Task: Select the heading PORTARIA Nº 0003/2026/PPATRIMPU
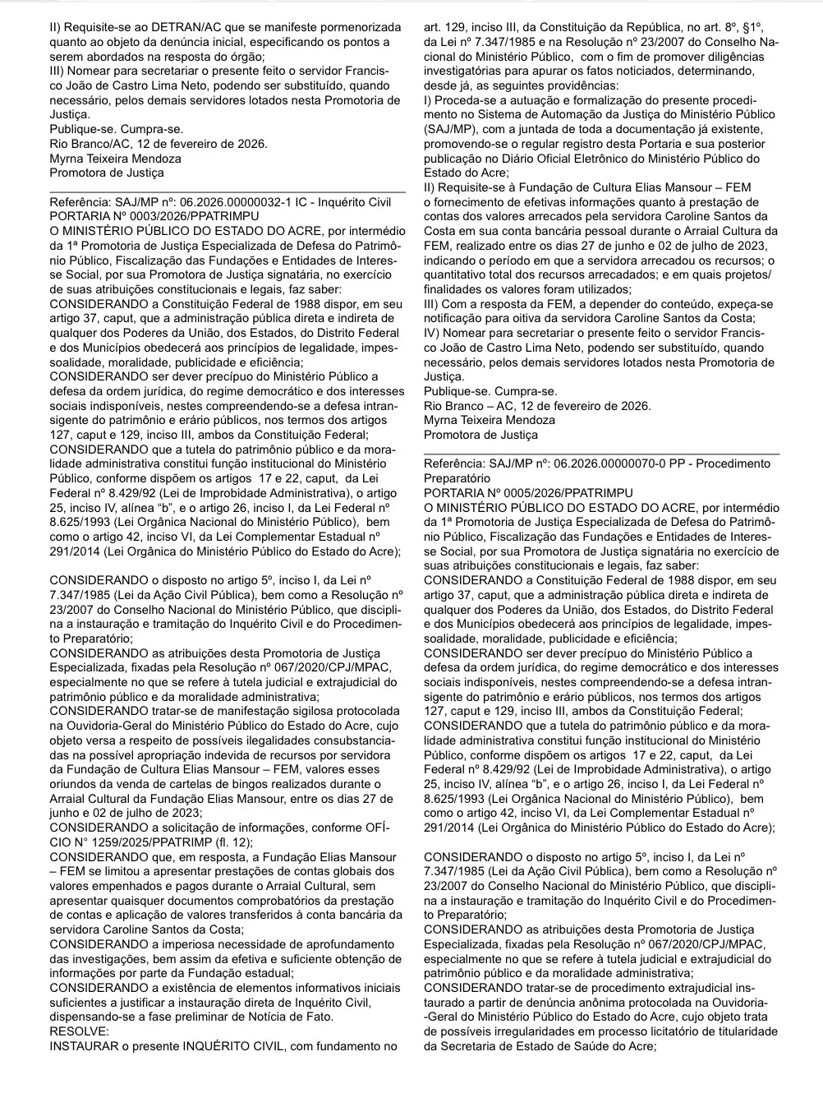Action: tap(154, 216)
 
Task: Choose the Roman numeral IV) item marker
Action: tap(433, 333)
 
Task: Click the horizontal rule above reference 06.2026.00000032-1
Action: tap(228, 191)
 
